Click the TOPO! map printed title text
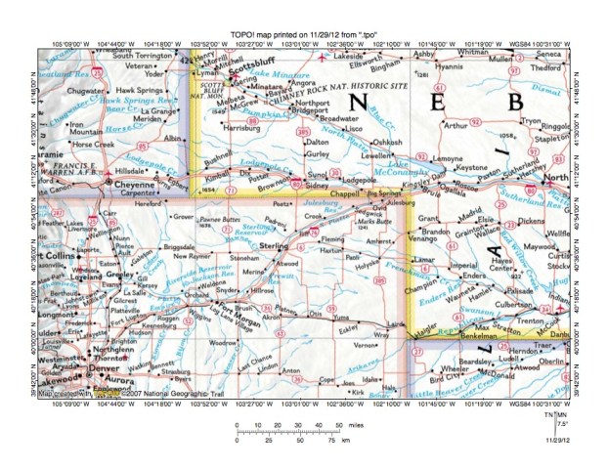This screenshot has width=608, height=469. [x=304, y=34]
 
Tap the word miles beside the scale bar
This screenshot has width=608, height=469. [x=361, y=426]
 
